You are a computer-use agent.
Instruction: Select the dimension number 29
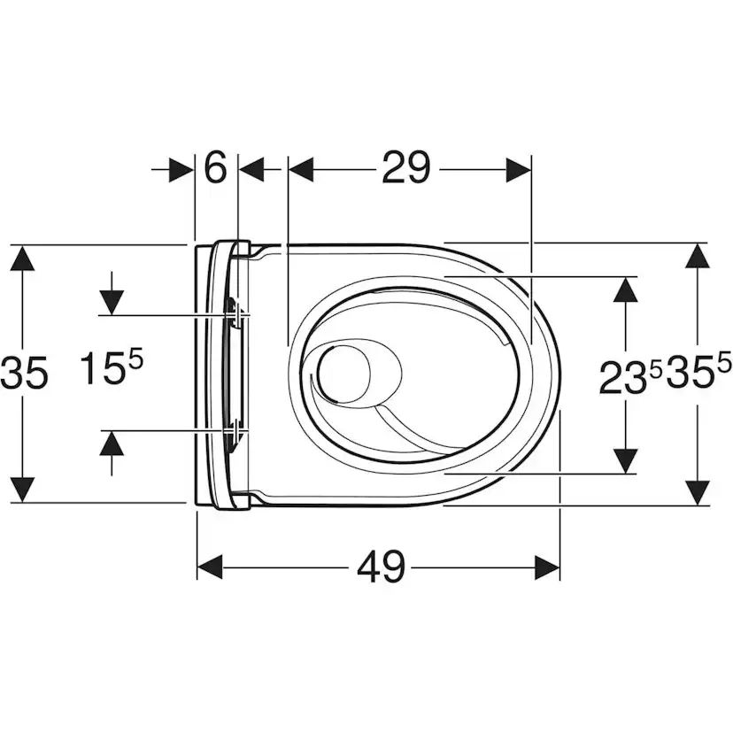coord(405,167)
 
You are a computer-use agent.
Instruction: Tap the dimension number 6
coord(215,167)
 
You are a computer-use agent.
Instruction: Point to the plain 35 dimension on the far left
coord(23,373)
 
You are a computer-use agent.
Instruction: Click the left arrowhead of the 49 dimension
coord(210,567)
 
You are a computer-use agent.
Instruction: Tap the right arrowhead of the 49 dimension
coord(547,567)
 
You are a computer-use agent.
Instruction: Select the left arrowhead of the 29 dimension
coord(301,169)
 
